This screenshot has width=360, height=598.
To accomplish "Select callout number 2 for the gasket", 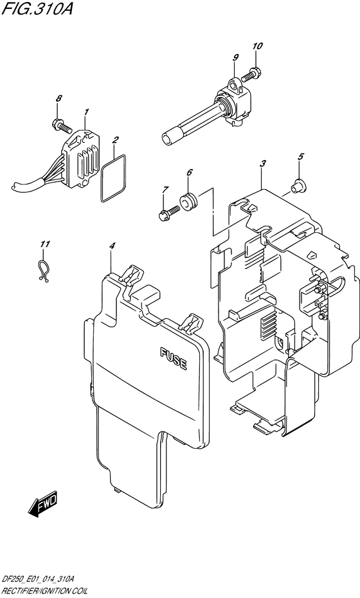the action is pos(115,140).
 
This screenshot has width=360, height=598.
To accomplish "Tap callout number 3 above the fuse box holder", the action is pos(263,164).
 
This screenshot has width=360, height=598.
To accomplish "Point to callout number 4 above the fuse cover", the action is pos(112,246).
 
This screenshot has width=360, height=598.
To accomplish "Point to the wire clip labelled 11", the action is pos(44,271).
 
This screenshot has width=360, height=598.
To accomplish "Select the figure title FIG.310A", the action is pos(37,8).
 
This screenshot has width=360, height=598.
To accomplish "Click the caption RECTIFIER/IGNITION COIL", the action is pos(44,591).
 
